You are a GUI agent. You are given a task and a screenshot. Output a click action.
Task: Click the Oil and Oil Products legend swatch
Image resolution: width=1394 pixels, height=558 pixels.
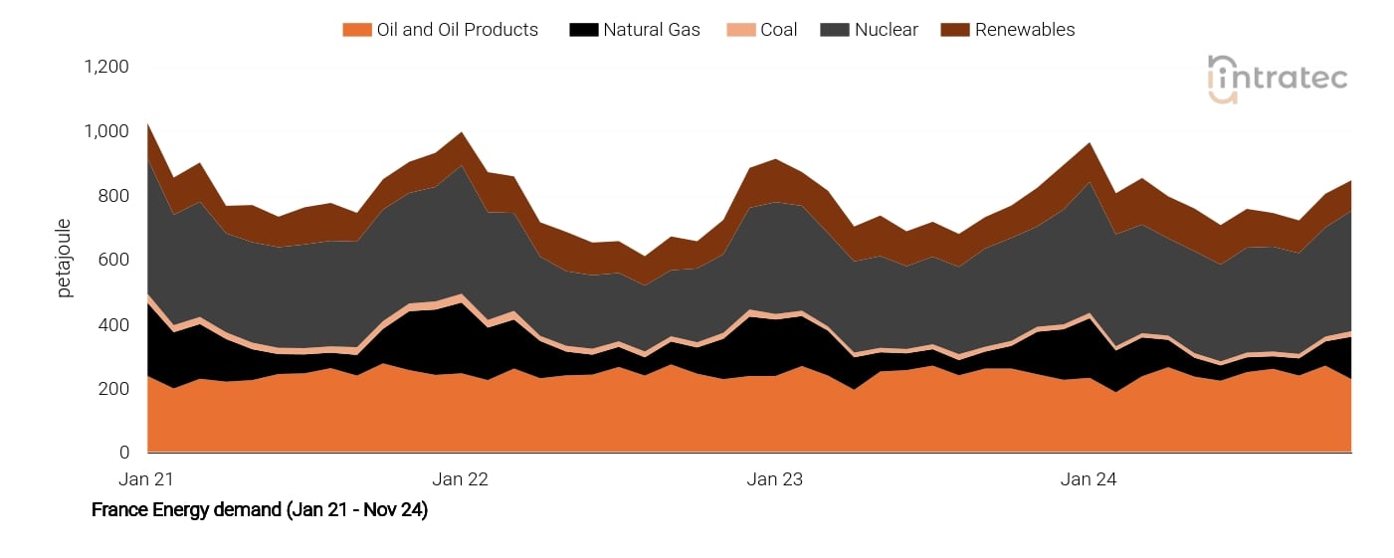click(x=356, y=30)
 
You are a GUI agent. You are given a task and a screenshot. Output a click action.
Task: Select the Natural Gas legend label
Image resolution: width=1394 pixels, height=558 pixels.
click(x=651, y=30)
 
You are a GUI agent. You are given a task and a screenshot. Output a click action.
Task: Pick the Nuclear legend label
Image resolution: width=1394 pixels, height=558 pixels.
click(x=885, y=30)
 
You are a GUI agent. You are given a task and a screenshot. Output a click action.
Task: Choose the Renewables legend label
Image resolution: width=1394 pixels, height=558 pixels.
click(x=1025, y=30)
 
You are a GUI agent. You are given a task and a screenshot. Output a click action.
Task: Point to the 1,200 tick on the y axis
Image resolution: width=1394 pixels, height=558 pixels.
click(x=106, y=67)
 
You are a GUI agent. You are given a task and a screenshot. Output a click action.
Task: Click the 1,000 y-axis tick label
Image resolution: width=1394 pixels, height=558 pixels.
click(x=106, y=131)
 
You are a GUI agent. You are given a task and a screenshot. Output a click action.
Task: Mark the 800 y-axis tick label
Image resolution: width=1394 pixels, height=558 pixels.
click(x=114, y=196)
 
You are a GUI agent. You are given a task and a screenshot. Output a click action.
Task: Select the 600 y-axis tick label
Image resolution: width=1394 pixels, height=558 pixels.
click(x=114, y=260)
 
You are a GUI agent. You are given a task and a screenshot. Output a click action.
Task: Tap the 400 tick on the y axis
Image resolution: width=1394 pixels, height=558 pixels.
click(x=114, y=324)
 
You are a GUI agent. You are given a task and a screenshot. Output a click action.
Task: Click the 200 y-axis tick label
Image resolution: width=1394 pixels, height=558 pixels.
click(x=114, y=389)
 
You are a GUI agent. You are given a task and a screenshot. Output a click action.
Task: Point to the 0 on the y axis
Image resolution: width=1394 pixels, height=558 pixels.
click(x=123, y=453)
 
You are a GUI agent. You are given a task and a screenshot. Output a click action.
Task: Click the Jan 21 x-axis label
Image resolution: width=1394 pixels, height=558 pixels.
click(x=146, y=479)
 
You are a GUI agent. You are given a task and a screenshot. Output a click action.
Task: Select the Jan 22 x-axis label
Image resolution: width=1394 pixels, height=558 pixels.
click(x=461, y=479)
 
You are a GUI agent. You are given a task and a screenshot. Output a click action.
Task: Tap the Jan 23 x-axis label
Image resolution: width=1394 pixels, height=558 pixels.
click(x=775, y=479)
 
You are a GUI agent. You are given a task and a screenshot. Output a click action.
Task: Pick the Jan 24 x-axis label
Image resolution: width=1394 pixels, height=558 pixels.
click(x=1089, y=479)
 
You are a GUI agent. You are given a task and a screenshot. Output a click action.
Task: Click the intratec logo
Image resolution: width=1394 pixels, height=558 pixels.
click(x=1277, y=79)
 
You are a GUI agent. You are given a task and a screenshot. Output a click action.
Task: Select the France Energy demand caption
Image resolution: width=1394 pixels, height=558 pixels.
click(x=260, y=510)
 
